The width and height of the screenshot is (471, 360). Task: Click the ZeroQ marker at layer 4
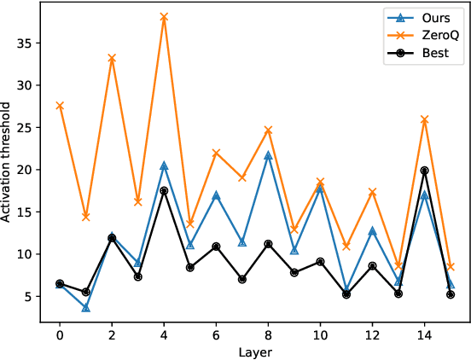point(164,17)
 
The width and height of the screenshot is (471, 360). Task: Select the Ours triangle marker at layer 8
point(268,155)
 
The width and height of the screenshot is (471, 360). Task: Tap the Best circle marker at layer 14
point(424,171)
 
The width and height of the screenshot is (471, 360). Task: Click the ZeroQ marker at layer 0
point(60,106)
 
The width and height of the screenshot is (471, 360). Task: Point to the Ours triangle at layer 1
point(86,307)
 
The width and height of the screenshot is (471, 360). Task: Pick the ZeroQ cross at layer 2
point(112,58)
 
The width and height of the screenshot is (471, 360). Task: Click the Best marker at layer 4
point(164,191)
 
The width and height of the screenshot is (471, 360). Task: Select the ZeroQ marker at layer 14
point(424,119)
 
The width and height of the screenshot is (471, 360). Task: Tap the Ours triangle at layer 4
point(164,165)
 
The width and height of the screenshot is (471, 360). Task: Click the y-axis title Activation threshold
point(8,162)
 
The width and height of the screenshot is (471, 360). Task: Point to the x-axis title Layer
point(254,351)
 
